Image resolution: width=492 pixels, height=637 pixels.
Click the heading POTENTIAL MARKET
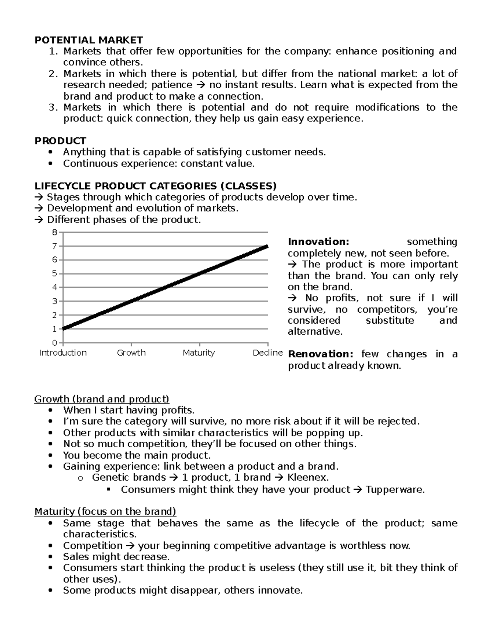coord(89,40)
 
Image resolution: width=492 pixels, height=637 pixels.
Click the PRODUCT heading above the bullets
coord(60,141)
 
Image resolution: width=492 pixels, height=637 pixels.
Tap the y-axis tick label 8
coord(55,233)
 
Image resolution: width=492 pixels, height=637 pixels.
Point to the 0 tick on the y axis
coord(55,343)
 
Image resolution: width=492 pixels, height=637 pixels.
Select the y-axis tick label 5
coord(55,274)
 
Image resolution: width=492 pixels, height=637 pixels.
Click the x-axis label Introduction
coord(63,353)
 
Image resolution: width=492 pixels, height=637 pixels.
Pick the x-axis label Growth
coord(131,353)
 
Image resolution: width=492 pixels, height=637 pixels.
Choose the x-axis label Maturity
coord(199,353)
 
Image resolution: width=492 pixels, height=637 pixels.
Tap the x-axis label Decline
coord(268,353)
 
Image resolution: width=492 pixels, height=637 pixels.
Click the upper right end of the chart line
coord(267,246)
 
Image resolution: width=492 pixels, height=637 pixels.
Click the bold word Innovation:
coord(318,242)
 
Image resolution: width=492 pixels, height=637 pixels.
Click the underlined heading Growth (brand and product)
coord(102,399)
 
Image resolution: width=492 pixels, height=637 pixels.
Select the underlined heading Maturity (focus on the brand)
coord(105,512)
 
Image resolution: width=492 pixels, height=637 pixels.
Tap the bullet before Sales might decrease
coord(50,557)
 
